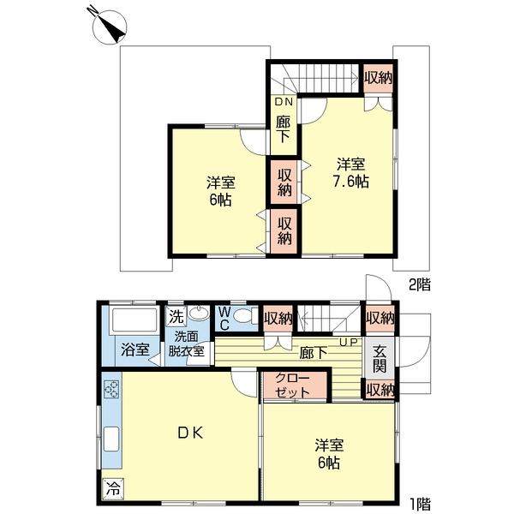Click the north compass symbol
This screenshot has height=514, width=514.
tap(110, 27)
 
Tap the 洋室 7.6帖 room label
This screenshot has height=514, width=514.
tap(350, 173)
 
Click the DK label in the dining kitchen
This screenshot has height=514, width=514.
tap(190, 433)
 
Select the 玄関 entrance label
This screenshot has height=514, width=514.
tap(380, 359)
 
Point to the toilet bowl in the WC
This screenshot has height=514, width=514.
tap(243, 317)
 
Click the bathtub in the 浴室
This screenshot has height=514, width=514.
tap(134, 320)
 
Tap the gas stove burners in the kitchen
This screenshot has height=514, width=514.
tap(111, 389)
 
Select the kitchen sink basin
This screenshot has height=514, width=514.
tap(111, 439)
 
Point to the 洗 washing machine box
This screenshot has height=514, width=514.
tap(176, 316)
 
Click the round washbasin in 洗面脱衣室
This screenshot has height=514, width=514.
tap(199, 314)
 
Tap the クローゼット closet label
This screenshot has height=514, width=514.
tap(292, 385)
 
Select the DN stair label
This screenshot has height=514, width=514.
tap(284, 102)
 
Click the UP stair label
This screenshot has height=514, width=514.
tap(348, 342)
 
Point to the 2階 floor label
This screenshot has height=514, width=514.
tap(420, 284)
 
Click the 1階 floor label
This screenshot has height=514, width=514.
tap(420, 504)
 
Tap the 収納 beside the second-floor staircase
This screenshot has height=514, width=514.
tap(379, 78)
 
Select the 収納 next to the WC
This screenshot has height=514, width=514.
tap(278, 318)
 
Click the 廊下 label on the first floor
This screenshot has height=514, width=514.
tap(314, 353)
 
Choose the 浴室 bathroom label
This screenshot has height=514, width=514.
tap(135, 350)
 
